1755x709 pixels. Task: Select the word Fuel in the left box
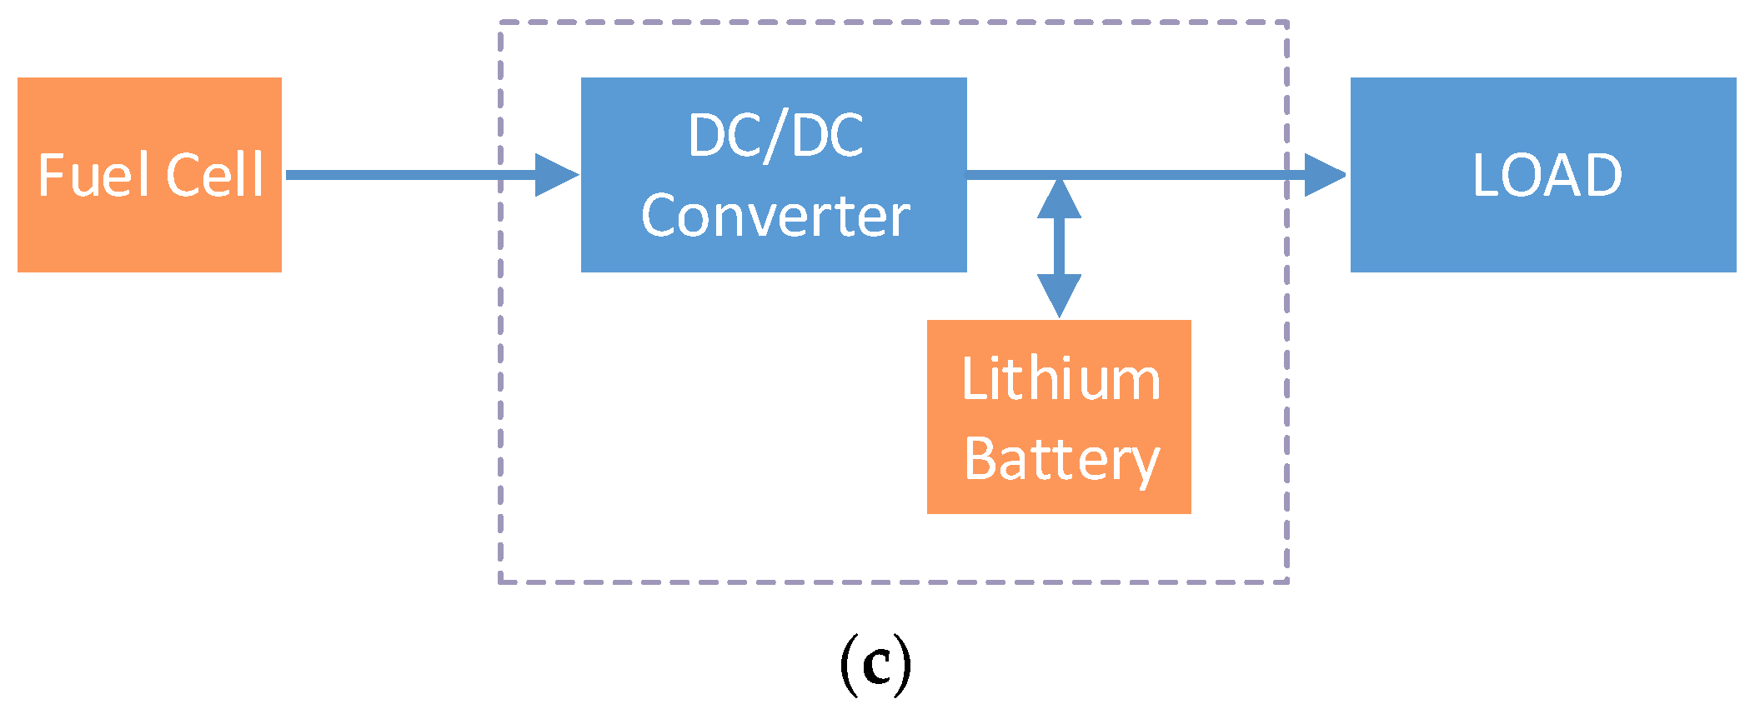[93, 176]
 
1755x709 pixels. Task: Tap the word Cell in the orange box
[214, 176]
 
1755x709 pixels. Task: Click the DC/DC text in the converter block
[775, 136]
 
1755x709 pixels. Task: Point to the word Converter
[775, 216]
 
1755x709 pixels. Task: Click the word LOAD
[1547, 176]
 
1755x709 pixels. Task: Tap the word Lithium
[1061, 379]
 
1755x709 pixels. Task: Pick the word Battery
[1061, 459]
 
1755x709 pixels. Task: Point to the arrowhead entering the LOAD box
[1324, 175]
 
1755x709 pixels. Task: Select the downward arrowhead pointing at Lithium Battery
[1059, 294]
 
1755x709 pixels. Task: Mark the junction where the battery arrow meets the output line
[1059, 175]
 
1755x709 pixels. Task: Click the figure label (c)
[875, 664]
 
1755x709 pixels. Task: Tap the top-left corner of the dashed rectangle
[500, 23]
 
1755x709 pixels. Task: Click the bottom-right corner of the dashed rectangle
[1287, 581]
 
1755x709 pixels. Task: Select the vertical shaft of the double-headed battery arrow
[1059, 247]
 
